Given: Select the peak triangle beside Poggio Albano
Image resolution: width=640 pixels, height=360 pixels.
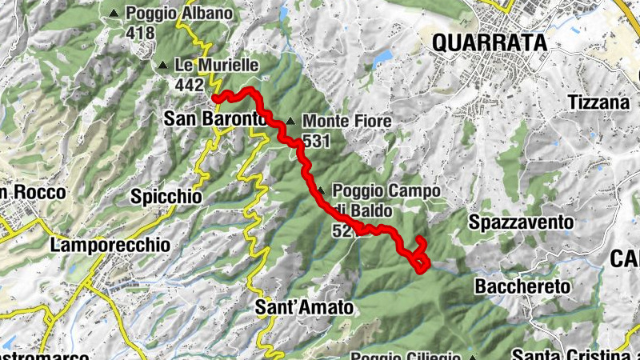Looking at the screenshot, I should click(x=115, y=14).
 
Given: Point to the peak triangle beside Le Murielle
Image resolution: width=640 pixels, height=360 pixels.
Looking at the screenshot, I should click(x=164, y=66).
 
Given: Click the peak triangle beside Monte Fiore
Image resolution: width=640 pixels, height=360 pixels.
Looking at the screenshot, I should click(x=290, y=122).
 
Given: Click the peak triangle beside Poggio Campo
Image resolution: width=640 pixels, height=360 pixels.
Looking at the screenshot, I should click(x=322, y=191).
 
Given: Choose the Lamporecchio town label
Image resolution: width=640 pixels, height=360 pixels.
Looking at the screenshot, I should click(x=110, y=245).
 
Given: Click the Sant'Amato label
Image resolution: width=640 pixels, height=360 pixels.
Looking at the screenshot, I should click(x=304, y=306).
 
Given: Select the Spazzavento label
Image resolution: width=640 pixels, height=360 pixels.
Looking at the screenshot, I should click(x=522, y=222).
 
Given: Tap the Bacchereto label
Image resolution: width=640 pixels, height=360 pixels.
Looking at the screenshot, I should click(x=521, y=286).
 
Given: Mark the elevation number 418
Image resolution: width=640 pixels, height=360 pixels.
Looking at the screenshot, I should click(x=140, y=33).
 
